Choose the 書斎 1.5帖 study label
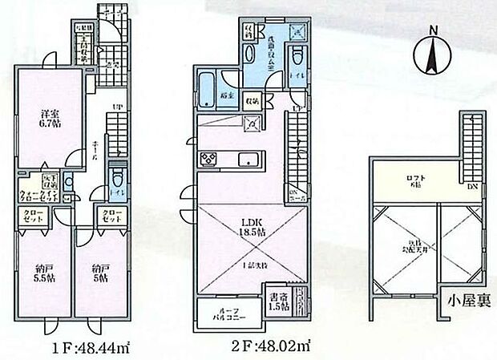278,301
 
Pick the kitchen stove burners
207,156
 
